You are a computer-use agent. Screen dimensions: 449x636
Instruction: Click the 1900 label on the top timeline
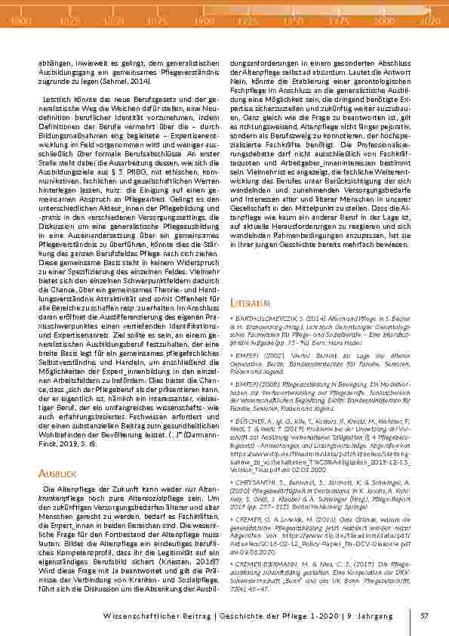204,23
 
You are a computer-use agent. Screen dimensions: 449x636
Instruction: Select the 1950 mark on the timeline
294,23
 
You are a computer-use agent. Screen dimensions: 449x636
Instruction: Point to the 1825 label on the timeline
69,23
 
